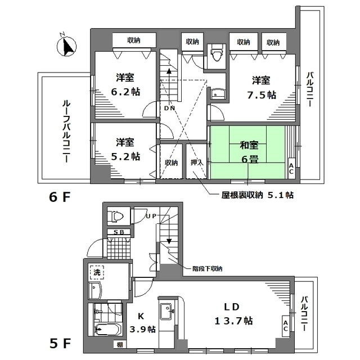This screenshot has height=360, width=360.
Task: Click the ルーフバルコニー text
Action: pyautogui.click(x=66, y=132)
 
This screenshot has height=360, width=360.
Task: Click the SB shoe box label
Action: pyautogui.click(x=119, y=232)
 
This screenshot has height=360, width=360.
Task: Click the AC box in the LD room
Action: pyautogui.click(x=285, y=325)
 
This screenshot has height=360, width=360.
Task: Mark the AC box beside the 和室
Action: pyautogui.click(x=291, y=168)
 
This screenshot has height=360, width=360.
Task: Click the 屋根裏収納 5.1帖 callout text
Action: pyautogui.click(x=256, y=195)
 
